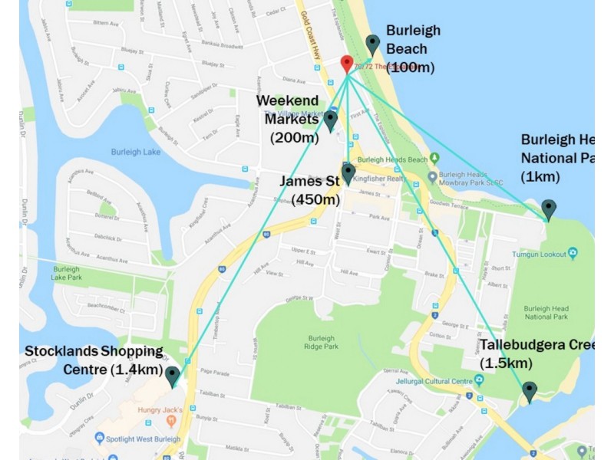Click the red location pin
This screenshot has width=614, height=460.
click(347, 64)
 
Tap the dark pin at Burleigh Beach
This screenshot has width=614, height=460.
click(373, 44)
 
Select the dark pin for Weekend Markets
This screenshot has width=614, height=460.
click(331, 120)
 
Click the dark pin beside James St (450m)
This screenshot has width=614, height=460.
click(348, 172)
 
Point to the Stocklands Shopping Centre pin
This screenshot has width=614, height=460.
click(173, 376)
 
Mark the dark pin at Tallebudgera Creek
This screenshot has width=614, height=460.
click(529, 392)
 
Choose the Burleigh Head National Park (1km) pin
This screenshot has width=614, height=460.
click(548, 209)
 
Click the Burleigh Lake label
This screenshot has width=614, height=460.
click(136, 152)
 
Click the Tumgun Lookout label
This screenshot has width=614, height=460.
click(540, 254)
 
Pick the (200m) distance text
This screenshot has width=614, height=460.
click(294, 137)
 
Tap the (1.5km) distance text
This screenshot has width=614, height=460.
click(506, 363)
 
